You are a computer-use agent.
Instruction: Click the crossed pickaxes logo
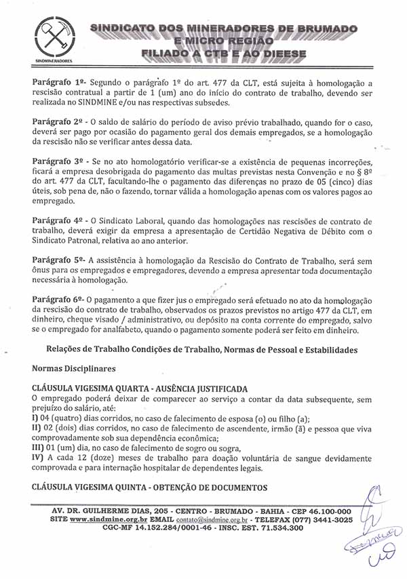[x=52, y=39]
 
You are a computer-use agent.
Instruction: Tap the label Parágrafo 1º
[x=58, y=81]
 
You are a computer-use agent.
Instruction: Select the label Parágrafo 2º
[x=58, y=121]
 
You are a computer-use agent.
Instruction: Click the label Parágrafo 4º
[x=58, y=221]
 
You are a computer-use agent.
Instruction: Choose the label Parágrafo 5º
[x=58, y=260]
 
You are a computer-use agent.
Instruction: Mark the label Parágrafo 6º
[x=58, y=299]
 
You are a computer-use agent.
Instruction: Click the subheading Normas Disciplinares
[x=74, y=369]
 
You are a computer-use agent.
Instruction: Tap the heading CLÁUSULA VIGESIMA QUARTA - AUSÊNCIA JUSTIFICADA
[x=140, y=388]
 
